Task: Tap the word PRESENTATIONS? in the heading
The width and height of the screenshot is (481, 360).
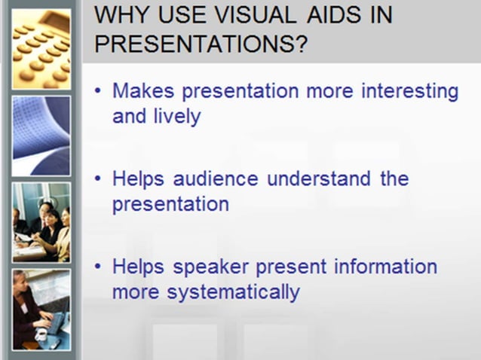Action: point(201,44)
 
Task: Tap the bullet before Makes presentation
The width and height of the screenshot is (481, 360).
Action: point(99,92)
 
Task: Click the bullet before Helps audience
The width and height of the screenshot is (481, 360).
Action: point(99,180)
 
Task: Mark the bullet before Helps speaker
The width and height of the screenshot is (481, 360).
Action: point(99,267)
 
